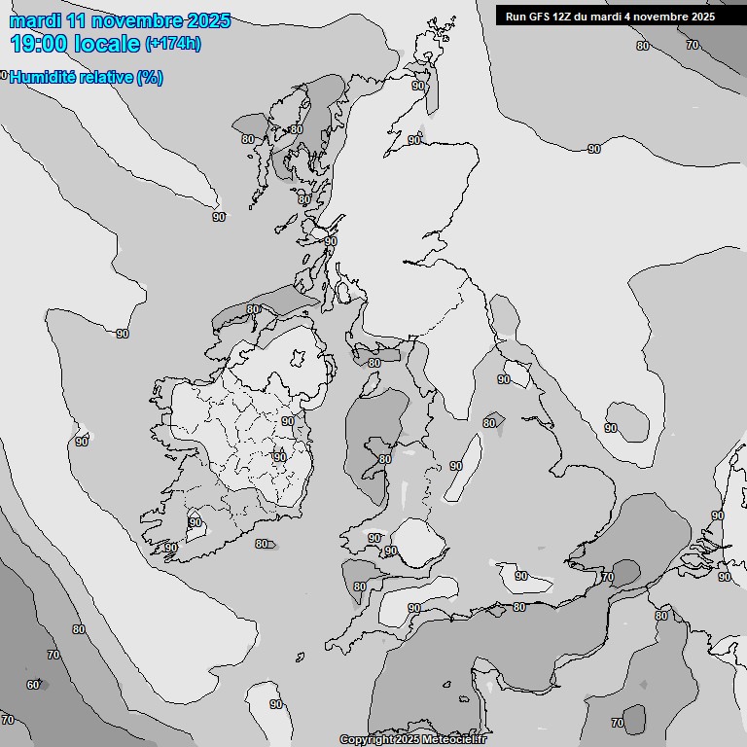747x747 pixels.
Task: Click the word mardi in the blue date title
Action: (35, 20)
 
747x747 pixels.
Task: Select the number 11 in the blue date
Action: (77, 20)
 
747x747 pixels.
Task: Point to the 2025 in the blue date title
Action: (205, 20)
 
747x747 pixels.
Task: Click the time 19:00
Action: (39, 43)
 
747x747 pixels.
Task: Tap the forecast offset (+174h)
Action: (173, 44)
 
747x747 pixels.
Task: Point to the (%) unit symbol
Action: (150, 78)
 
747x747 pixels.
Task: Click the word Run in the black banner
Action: (516, 17)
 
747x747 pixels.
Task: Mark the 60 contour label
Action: (33, 685)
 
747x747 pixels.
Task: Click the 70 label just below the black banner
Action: (692, 45)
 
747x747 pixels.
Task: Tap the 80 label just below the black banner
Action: (642, 46)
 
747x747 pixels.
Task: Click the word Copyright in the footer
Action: (366, 739)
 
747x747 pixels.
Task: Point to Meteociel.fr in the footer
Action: (454, 739)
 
